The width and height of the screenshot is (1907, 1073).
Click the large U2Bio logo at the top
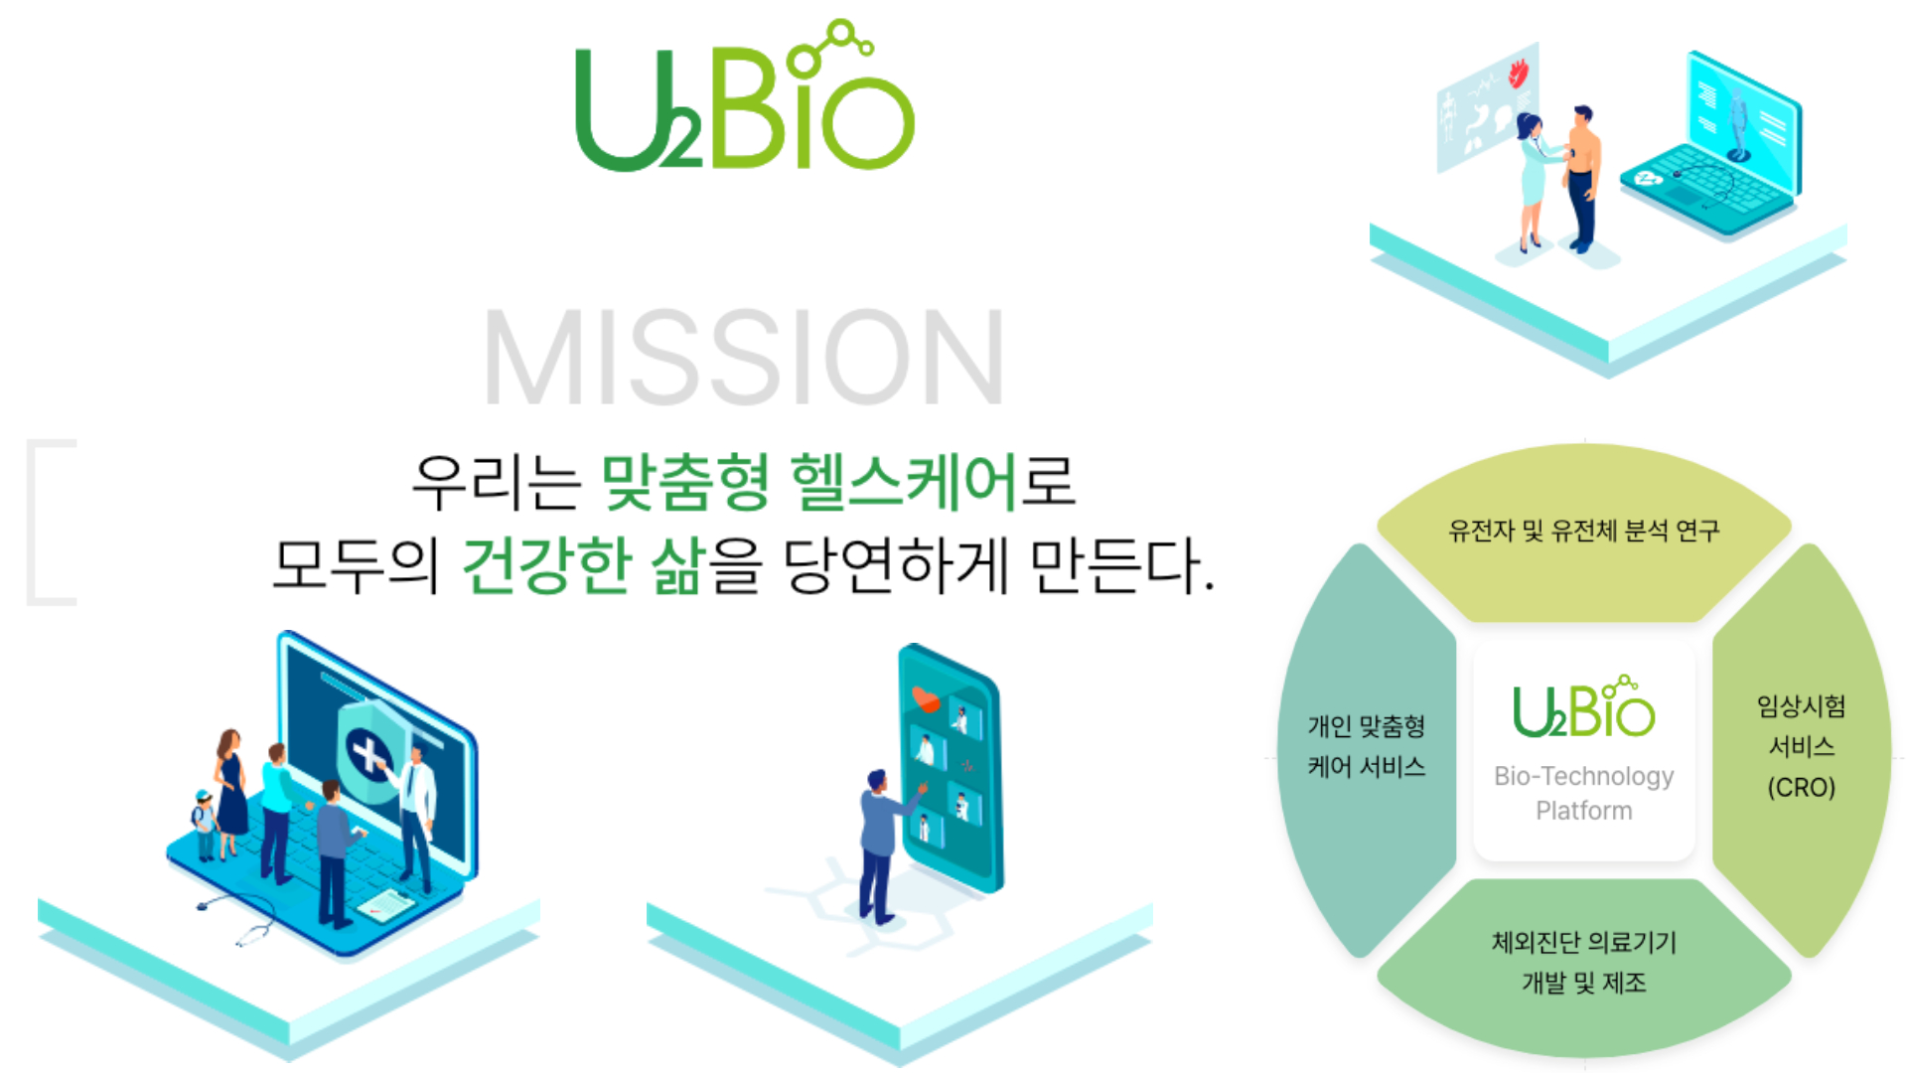click(745, 99)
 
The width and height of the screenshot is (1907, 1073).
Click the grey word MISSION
click(743, 358)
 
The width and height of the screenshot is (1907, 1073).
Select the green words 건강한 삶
click(584, 565)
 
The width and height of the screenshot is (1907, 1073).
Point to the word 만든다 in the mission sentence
click(1117, 565)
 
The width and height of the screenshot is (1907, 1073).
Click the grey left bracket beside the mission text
click(50, 522)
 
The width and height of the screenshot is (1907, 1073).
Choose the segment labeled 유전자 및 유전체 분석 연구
click(1583, 532)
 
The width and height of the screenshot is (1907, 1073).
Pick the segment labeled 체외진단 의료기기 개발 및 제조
click(1583, 962)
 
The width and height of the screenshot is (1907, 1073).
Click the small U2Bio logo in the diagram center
click(1583, 709)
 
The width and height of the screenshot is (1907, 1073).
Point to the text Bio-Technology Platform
click(1583, 793)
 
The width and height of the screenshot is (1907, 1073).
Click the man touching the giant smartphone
click(879, 844)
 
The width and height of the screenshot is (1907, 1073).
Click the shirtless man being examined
click(1581, 174)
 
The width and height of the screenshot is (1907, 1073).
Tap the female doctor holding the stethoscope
click(1532, 179)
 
